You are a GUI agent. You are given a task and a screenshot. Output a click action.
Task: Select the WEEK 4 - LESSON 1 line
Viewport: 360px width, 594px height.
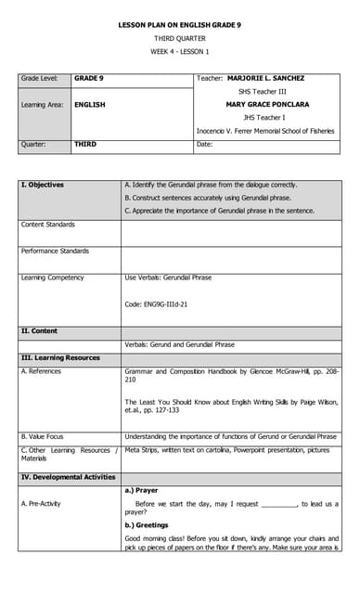(x=180, y=51)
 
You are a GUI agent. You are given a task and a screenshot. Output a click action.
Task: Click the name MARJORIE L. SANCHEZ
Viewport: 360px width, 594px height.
(x=265, y=78)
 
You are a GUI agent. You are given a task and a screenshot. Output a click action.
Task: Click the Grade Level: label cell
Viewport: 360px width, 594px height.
(x=40, y=78)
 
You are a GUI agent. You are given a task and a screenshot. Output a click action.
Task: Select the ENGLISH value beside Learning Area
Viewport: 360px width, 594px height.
(x=90, y=105)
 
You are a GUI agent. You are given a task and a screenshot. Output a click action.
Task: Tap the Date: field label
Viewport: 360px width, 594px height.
(x=206, y=144)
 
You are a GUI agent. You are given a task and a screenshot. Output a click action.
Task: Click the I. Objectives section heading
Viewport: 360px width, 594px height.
(x=43, y=185)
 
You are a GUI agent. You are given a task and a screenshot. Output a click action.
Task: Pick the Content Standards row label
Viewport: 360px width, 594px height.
(x=50, y=225)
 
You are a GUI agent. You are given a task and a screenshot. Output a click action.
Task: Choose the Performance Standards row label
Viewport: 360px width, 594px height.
(x=55, y=251)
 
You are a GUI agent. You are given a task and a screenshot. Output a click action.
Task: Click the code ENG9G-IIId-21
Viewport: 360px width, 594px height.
(x=156, y=304)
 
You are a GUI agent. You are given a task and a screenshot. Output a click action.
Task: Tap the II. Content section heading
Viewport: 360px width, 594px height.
(x=39, y=330)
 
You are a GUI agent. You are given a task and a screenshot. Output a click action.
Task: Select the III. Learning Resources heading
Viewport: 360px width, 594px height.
(x=60, y=357)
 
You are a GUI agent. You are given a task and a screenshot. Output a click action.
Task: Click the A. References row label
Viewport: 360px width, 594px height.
(x=41, y=371)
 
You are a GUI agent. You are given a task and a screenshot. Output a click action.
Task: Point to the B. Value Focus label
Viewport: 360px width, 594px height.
(x=43, y=436)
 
